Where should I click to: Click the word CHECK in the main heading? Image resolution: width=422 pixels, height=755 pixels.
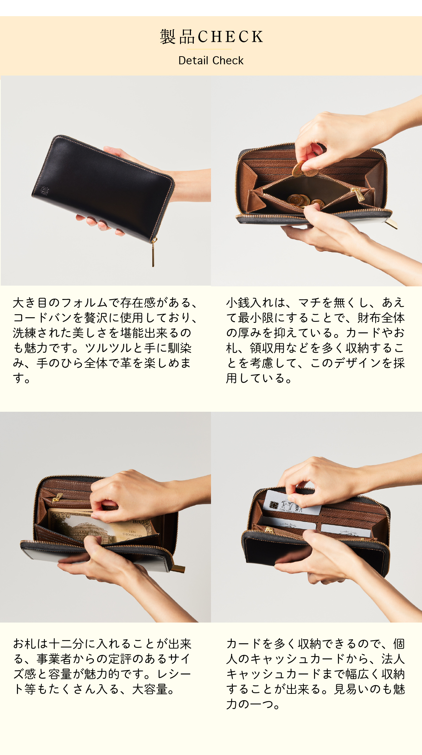(x=230, y=37)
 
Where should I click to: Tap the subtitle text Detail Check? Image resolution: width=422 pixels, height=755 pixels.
(x=211, y=60)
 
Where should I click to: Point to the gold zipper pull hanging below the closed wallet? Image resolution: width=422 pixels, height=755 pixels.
(x=153, y=253)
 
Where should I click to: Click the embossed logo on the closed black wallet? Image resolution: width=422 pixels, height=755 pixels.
(x=45, y=190)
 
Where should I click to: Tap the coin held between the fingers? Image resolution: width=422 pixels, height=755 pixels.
(x=300, y=169)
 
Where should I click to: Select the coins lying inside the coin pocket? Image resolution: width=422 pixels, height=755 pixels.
(x=299, y=200)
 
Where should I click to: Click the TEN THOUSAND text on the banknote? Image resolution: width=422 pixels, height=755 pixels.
(x=132, y=534)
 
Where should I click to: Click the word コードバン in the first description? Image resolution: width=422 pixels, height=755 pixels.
(x=42, y=318)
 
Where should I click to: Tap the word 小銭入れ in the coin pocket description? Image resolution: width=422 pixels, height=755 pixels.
(x=250, y=302)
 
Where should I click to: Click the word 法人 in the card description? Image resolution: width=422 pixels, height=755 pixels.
(x=393, y=659)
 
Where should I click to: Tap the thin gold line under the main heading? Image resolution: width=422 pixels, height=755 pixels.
(x=211, y=49)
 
